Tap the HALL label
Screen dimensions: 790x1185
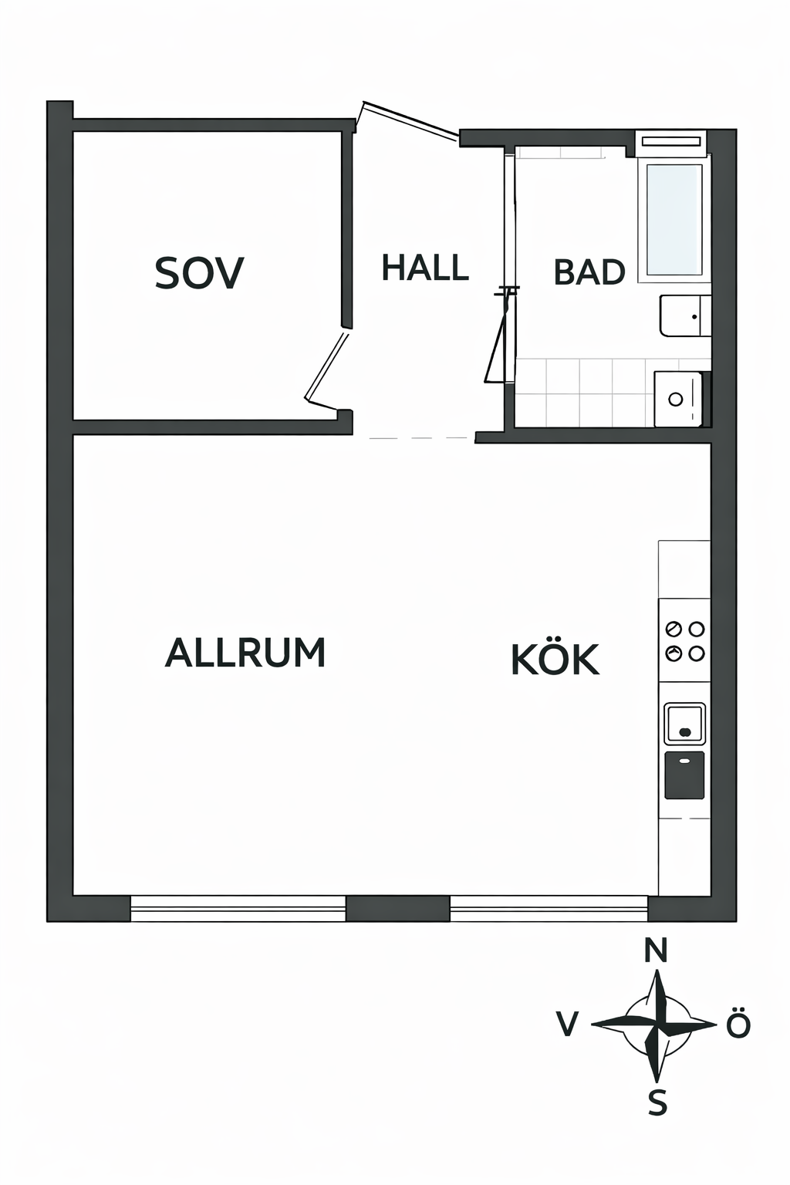(x=425, y=267)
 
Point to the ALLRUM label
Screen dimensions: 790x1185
(x=245, y=652)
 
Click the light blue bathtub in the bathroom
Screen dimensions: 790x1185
(x=674, y=220)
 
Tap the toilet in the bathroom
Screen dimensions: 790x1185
(x=685, y=316)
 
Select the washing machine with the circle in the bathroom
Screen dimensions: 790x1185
(x=679, y=399)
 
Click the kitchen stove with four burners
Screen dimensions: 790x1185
(x=684, y=640)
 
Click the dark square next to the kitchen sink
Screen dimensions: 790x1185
(x=684, y=775)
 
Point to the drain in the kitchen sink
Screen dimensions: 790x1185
(x=685, y=732)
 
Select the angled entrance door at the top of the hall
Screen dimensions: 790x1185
(x=409, y=122)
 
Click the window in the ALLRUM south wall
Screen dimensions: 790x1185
(x=238, y=908)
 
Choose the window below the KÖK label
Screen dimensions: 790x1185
(x=549, y=908)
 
